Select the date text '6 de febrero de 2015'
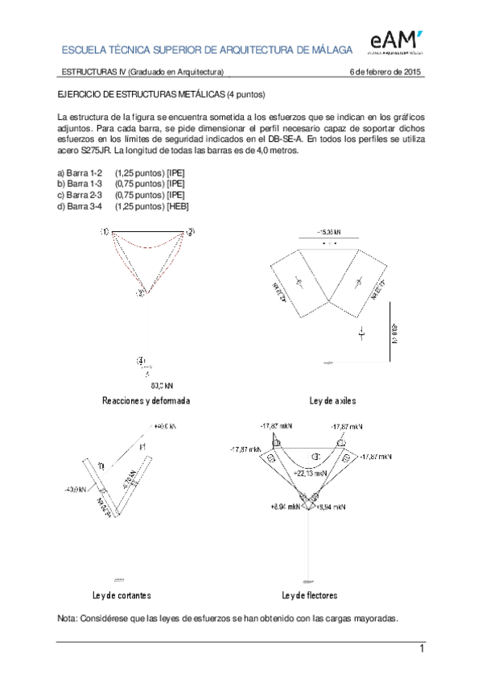click(385, 73)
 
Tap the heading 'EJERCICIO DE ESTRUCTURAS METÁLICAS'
click(141, 94)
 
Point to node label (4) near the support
click(142, 360)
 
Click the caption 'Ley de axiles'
click(332, 400)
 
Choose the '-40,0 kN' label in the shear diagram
click(76, 489)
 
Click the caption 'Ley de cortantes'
click(122, 595)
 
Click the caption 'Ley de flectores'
click(309, 595)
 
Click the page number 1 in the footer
click(420, 649)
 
